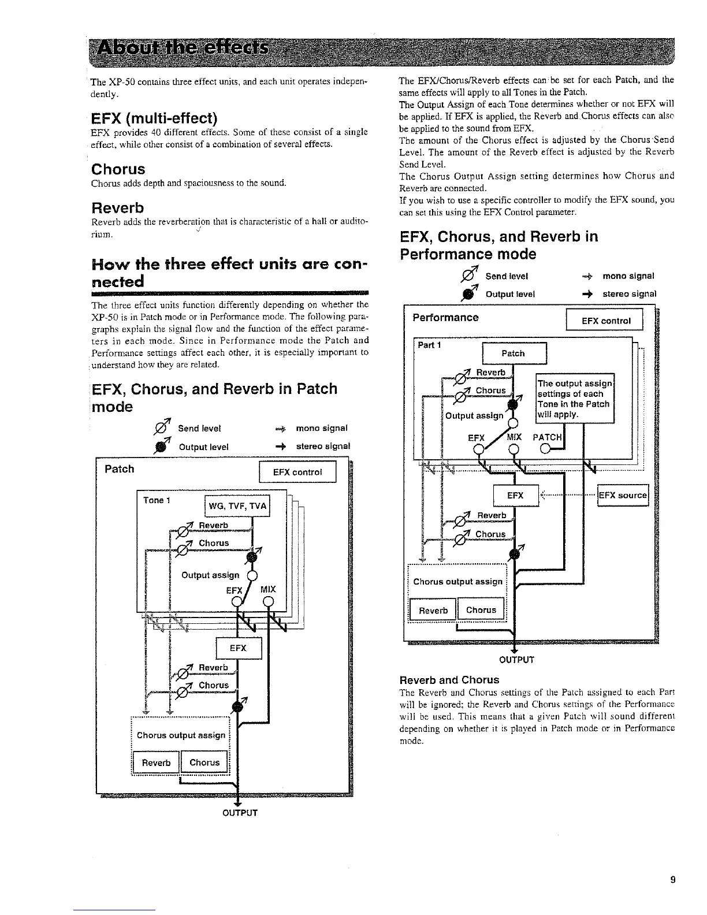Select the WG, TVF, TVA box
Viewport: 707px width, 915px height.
(237, 507)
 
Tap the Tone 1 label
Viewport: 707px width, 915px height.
(157, 500)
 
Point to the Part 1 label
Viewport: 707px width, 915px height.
(430, 345)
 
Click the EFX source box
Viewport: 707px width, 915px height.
(623, 495)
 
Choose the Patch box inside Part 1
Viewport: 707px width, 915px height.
(513, 354)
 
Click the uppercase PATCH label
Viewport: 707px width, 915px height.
(546, 437)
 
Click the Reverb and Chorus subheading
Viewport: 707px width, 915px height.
(449, 679)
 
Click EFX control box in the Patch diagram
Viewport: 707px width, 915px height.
(298, 473)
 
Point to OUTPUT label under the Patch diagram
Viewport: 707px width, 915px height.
(240, 813)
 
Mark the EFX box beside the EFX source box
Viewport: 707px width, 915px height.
(515, 496)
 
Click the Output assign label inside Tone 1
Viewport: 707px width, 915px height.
(210, 575)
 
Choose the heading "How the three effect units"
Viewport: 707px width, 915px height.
(230, 273)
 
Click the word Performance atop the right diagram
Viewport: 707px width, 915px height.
(445, 318)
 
